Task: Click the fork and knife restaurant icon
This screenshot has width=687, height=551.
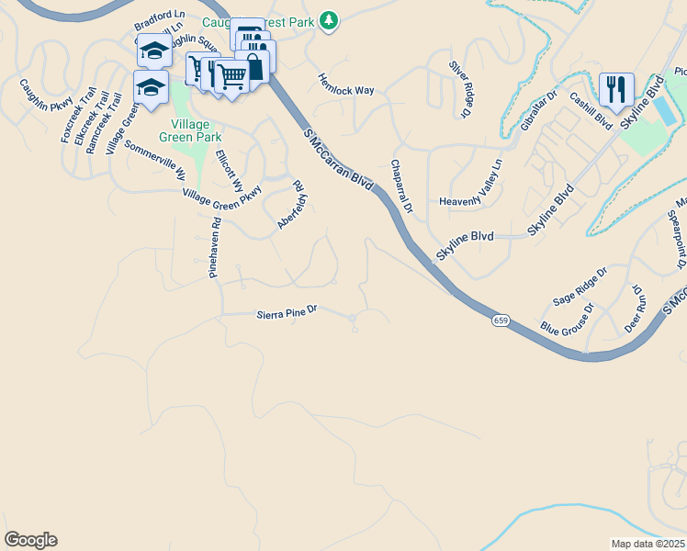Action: click(x=614, y=89)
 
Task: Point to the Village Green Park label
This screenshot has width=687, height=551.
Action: click(x=197, y=130)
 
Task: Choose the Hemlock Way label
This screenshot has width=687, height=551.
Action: click(x=346, y=84)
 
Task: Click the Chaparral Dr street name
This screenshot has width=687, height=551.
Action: click(x=402, y=186)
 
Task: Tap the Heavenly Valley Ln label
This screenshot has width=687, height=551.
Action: click(x=472, y=201)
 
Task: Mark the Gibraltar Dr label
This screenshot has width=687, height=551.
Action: click(x=539, y=111)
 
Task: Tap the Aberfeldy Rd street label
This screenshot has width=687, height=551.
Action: click(x=291, y=204)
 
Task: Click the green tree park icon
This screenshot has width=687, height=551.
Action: click(x=329, y=20)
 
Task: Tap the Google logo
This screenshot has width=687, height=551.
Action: click(x=30, y=540)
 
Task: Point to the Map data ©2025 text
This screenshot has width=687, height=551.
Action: click(x=647, y=544)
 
